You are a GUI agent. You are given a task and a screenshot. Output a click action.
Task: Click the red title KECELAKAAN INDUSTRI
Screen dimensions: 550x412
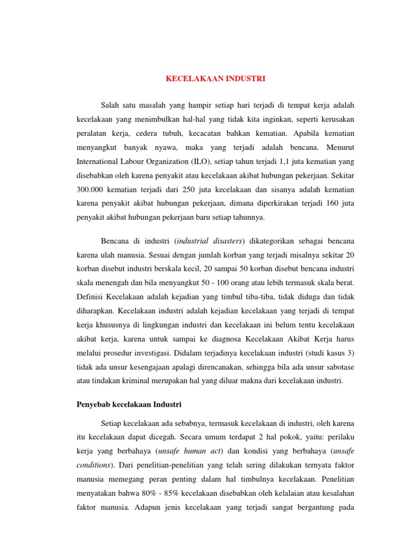[x=215, y=78]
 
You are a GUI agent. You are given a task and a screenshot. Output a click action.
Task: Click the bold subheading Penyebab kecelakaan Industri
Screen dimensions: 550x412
[x=130, y=403]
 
